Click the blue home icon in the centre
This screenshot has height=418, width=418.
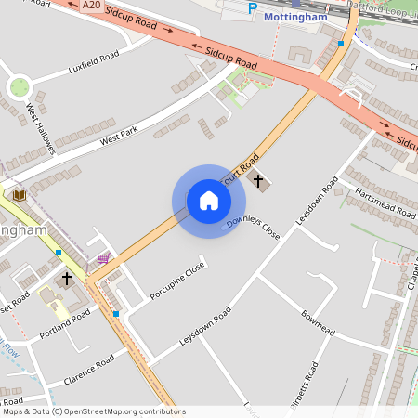[x=209, y=201]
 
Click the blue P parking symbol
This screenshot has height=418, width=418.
[x=253, y=8]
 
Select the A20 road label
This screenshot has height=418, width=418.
[x=90, y=5]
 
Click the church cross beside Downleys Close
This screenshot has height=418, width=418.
[x=258, y=179]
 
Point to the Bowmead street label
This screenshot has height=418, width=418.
[x=317, y=323]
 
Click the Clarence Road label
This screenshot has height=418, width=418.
[x=88, y=370]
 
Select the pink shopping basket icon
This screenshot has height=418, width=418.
[x=103, y=258]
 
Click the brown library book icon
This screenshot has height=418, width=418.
[x=19, y=194]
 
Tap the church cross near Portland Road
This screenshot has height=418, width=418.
[x=66, y=278]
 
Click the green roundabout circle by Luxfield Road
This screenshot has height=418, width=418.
[x=19, y=87]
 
